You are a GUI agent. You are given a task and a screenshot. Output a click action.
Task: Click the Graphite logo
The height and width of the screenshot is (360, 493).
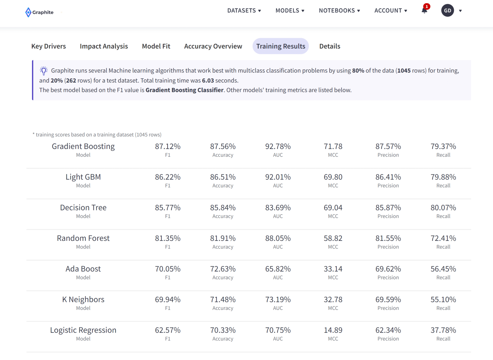pyautogui.click(x=39, y=12)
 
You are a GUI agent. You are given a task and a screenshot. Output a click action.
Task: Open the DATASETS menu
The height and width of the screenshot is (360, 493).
pyautogui.click(x=244, y=11)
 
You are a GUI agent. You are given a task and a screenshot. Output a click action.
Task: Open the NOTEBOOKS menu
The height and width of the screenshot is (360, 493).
pyautogui.click(x=339, y=11)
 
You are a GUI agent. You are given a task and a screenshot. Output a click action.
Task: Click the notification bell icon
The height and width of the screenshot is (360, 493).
pyautogui.click(x=424, y=10)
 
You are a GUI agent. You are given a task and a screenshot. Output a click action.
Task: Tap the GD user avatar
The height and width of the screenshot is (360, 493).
pyautogui.click(x=447, y=11)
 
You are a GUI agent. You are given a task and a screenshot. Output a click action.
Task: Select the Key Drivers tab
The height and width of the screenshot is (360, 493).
pyautogui.click(x=48, y=46)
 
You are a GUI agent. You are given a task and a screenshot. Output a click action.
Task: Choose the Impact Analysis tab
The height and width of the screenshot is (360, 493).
pyautogui.click(x=104, y=46)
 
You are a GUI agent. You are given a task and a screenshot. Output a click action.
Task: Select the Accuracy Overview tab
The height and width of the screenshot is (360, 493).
pyautogui.click(x=213, y=46)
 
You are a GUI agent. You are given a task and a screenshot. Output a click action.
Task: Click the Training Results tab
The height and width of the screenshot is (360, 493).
pyautogui.click(x=281, y=46)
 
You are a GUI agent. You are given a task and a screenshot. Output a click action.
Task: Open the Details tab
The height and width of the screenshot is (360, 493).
pyautogui.click(x=330, y=46)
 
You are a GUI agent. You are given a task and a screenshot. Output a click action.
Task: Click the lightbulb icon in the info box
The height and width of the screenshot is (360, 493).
pyautogui.click(x=44, y=71)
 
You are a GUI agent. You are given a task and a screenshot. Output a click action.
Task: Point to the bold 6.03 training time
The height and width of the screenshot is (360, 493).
pyautogui.click(x=208, y=81)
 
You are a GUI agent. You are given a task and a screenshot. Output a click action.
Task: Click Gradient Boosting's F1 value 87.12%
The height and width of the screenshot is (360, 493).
pyautogui.click(x=168, y=146)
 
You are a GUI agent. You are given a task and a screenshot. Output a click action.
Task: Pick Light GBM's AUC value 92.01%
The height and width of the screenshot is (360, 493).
pyautogui.click(x=278, y=177)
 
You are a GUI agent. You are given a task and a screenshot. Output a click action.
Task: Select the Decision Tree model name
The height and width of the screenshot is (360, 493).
pyautogui.click(x=83, y=208)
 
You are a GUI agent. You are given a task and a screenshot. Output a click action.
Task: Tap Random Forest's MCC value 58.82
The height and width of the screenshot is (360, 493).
pyautogui.click(x=333, y=238)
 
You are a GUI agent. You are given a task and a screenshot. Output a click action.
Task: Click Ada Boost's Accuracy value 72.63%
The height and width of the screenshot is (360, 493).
pyautogui.click(x=223, y=269)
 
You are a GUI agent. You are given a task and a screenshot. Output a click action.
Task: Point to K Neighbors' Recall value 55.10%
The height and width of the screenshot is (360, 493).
pyautogui.click(x=443, y=300)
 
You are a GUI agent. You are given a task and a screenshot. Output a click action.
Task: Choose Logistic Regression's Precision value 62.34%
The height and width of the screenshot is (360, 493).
pyautogui.click(x=388, y=330)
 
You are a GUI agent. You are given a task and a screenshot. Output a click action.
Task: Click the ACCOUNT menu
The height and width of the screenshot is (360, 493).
pyautogui.click(x=391, y=11)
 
